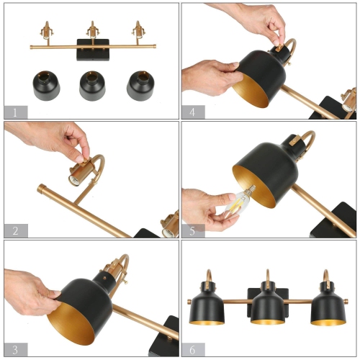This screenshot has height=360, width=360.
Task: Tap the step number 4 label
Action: pos(193,112)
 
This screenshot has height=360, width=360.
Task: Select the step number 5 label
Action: pos(193,230)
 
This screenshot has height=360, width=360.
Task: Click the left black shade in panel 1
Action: pos(46,86)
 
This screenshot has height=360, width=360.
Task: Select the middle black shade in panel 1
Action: pos(92,86)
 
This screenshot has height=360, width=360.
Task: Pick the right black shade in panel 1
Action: pos(140,84)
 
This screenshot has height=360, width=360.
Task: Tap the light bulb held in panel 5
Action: pos(237,204)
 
